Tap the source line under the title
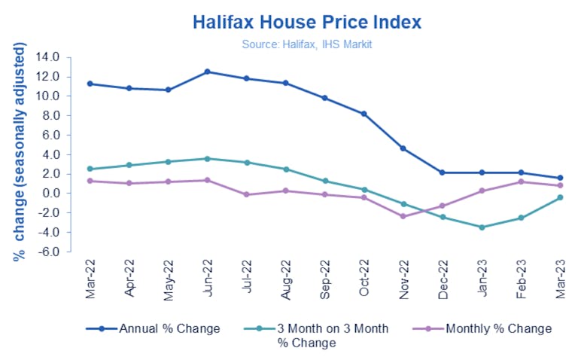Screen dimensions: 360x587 click(307, 44)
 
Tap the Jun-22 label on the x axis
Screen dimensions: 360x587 click(208, 279)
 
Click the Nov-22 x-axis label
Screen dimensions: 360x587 click(404, 279)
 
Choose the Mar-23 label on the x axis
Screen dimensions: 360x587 click(561, 279)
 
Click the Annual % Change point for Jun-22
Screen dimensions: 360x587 click(208, 72)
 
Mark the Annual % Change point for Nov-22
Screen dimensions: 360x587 click(403, 148)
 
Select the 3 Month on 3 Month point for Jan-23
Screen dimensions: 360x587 click(482, 227)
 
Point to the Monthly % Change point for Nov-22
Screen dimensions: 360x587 click(403, 216)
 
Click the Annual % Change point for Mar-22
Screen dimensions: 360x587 click(90, 84)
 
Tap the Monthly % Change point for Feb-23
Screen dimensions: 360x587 click(521, 182)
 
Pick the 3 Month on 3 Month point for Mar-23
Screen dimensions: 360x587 click(560, 197)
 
